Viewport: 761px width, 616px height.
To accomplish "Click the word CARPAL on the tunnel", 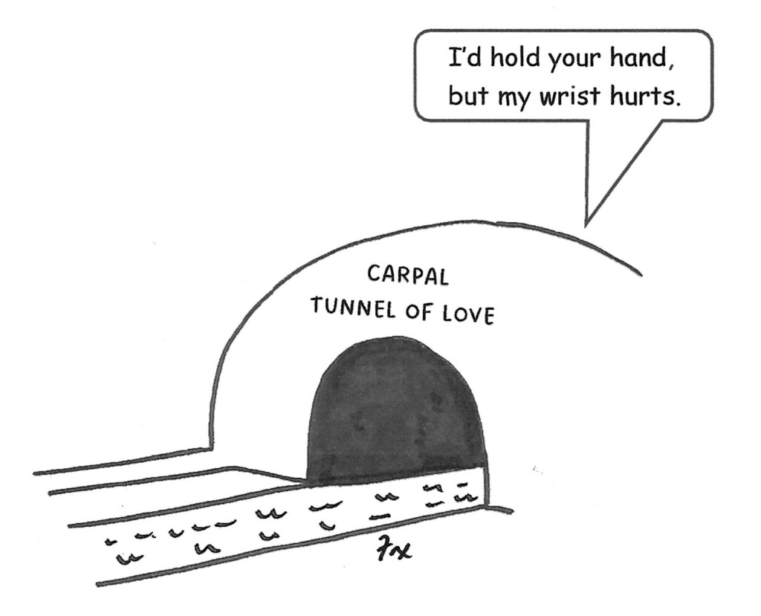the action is [x=408, y=276].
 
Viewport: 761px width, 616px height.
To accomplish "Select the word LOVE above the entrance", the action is [x=468, y=315].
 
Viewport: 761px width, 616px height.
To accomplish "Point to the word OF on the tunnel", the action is [x=421, y=311].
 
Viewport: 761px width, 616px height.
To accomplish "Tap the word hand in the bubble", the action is [x=636, y=58].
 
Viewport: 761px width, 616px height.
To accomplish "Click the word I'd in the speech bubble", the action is [x=464, y=58].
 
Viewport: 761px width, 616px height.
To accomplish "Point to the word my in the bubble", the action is [x=514, y=100].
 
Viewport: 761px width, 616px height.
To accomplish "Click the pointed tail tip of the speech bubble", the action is [x=586, y=225].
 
